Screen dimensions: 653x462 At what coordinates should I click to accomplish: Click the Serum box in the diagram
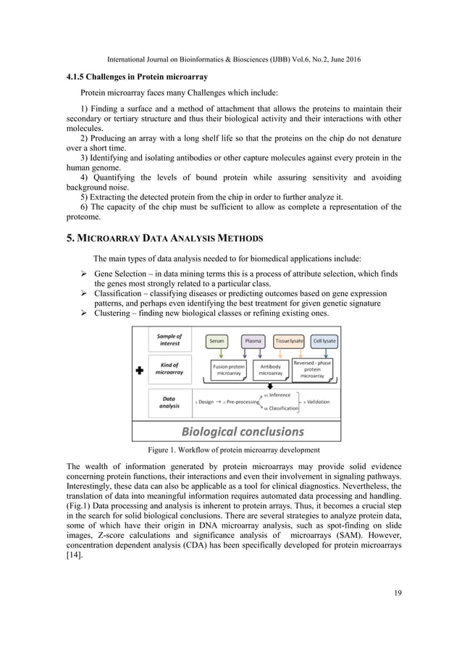pos(217,340)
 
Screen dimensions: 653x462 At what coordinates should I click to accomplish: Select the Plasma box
pos(253,340)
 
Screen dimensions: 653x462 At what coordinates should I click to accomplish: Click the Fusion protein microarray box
pos(230,370)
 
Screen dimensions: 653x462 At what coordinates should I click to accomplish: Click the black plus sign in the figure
pos(140,371)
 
